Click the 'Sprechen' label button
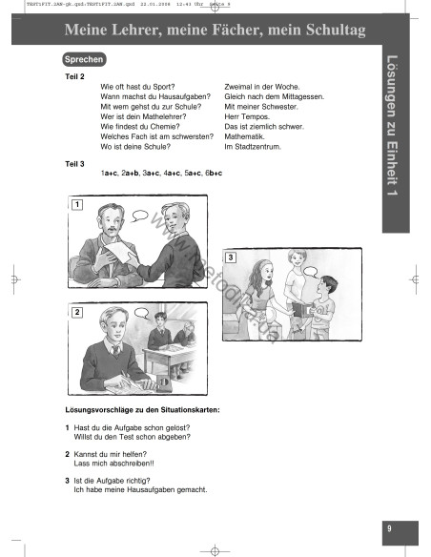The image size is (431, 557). [x=84, y=59]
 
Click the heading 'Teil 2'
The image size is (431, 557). [x=74, y=75]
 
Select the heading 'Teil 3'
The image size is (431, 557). [x=74, y=163]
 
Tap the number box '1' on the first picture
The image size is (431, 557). [x=76, y=203]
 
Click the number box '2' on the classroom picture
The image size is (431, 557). [x=76, y=312]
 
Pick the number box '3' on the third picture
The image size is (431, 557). [x=230, y=258]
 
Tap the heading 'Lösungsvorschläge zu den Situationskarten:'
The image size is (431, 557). [x=141, y=409]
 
